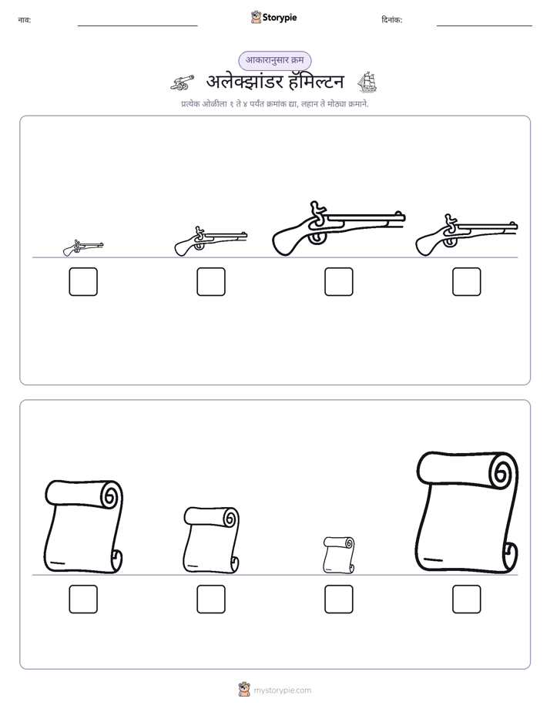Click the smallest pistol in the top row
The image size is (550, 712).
(83, 248)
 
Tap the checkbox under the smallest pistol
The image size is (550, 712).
(83, 282)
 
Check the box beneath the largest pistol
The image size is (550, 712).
(338, 282)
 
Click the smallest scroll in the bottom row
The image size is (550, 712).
(338, 555)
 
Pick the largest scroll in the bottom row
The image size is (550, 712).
(467, 512)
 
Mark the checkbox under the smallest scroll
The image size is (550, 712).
(338, 599)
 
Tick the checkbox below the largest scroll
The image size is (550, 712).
(467, 599)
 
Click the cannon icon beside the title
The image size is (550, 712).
(182, 82)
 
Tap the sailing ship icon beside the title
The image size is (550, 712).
(367, 82)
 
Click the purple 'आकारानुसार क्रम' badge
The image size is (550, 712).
(274, 60)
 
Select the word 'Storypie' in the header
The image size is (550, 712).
(280, 18)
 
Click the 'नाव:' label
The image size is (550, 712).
(25, 20)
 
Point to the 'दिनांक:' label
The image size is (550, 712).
(391, 20)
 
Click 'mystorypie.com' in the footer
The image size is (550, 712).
(282, 690)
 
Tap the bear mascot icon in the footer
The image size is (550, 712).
(244, 690)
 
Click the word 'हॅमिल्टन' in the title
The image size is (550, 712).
(313, 82)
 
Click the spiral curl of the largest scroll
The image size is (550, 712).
(501, 472)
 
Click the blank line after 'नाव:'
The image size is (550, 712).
(137, 25)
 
